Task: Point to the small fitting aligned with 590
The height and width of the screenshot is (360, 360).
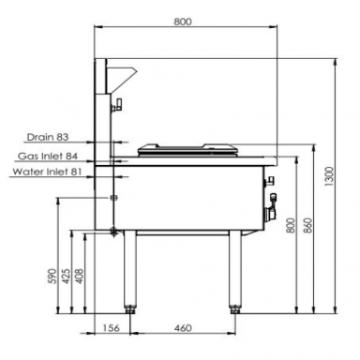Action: [x=114, y=198]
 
